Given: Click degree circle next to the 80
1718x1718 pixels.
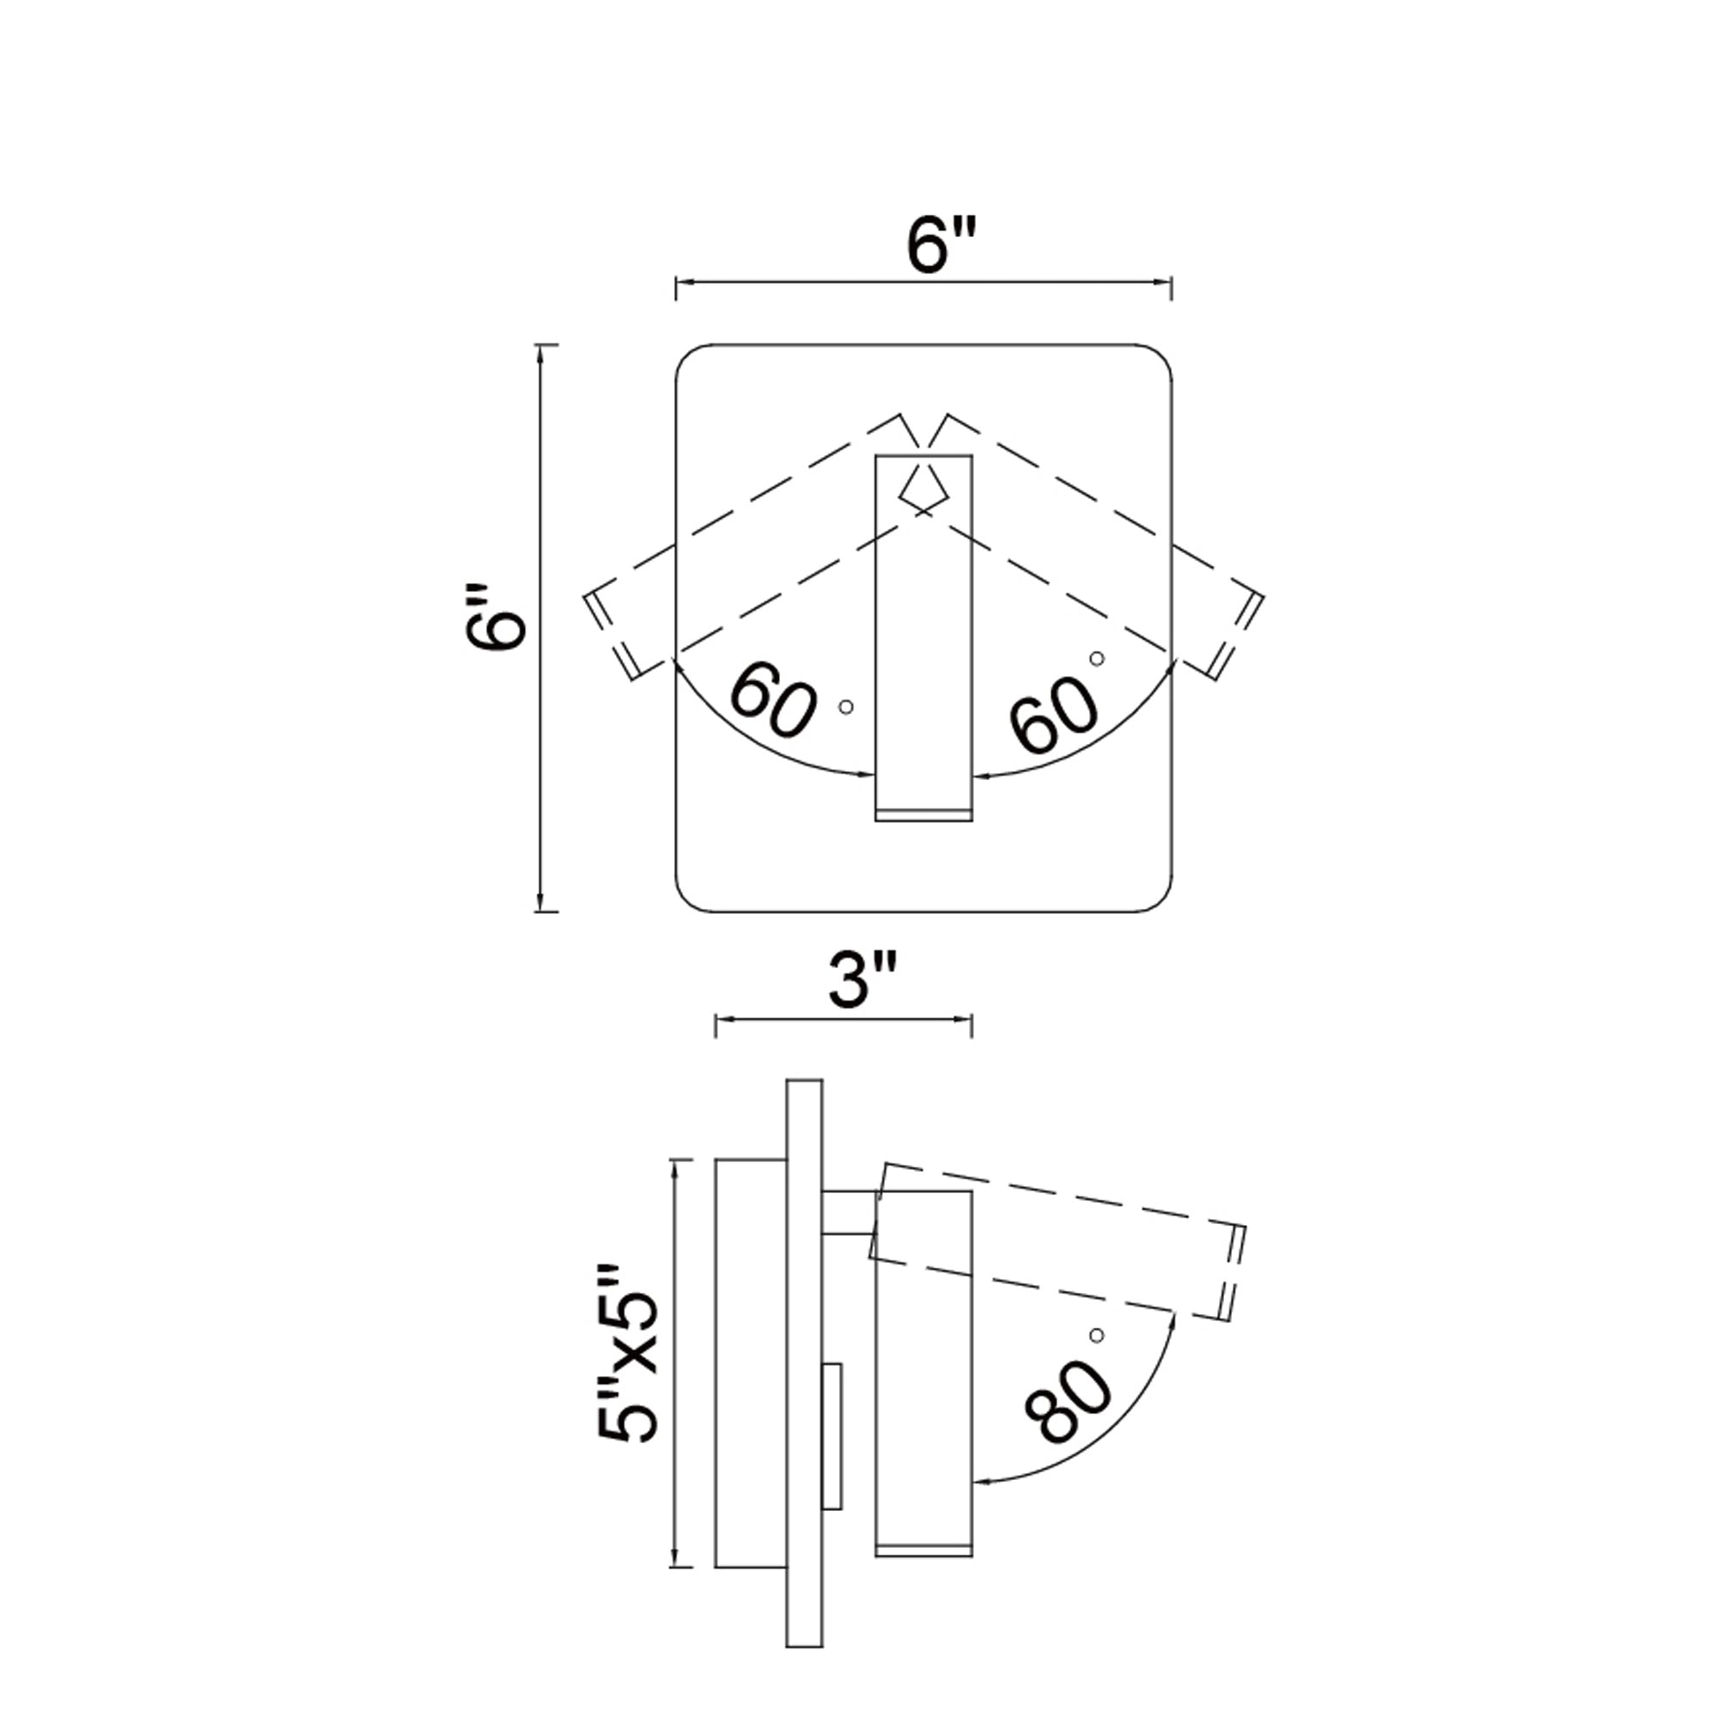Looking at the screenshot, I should click(1096, 1336).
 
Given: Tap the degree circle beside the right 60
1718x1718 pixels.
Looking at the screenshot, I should click(1097, 658).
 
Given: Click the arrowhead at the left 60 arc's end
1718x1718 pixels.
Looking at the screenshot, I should click(868, 776).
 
